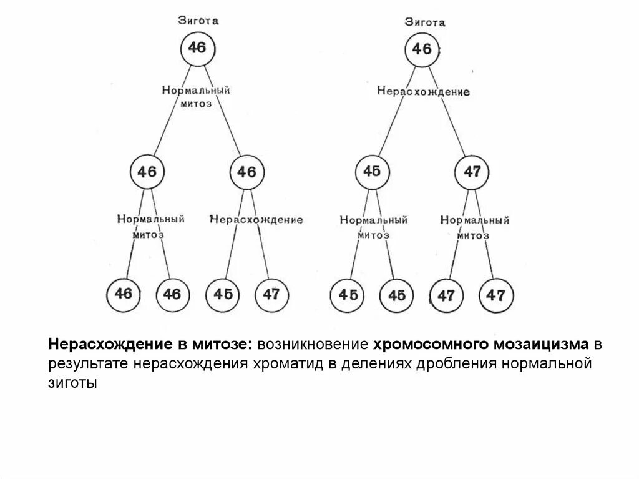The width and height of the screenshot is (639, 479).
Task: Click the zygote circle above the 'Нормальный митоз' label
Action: (x=197, y=48)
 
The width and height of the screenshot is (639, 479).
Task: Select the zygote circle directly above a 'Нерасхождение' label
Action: (x=422, y=49)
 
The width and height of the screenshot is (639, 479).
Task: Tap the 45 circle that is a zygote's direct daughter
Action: (x=372, y=171)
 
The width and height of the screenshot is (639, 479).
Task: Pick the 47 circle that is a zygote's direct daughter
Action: (x=472, y=172)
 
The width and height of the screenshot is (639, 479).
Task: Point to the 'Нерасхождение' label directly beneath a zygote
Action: (x=423, y=91)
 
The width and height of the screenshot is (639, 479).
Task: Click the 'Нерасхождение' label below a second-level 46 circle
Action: (x=256, y=220)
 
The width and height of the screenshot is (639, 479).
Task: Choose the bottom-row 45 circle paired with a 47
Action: (x=222, y=294)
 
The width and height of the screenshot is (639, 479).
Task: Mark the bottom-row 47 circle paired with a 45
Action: (x=271, y=294)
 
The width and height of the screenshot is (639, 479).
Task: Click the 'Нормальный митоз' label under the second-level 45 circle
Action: (x=373, y=227)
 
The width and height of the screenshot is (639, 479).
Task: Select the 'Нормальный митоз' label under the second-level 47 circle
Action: (x=474, y=227)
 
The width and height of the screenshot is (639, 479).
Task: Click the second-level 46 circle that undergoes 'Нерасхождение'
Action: (x=247, y=172)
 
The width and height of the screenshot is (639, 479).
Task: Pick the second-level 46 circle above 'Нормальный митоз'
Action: (x=147, y=172)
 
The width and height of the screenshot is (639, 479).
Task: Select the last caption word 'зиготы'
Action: (x=74, y=383)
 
